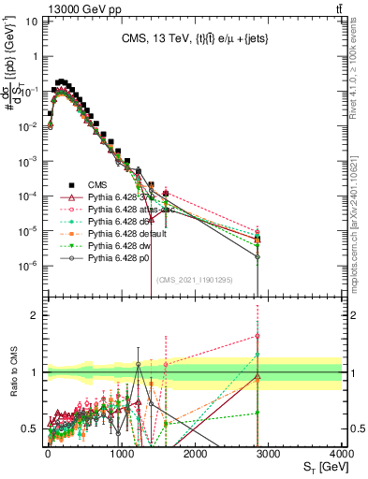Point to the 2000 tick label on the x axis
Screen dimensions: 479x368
click(194, 454)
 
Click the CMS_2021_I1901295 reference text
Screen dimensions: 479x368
click(194, 280)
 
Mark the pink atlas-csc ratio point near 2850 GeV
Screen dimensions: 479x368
click(257, 336)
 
